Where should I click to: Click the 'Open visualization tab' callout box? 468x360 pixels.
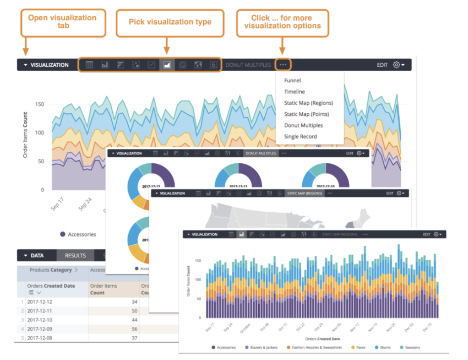click(62, 22)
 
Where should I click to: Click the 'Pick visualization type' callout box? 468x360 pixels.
click(170, 22)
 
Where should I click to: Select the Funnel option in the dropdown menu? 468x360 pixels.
click(292, 81)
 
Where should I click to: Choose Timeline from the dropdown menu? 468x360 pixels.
click(294, 92)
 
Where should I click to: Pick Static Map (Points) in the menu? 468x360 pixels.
click(306, 114)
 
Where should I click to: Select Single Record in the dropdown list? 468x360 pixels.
click(300, 137)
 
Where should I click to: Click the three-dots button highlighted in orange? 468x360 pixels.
click(283, 65)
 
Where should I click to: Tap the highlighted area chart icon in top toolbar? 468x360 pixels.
click(167, 65)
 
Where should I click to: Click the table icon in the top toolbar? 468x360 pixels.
click(90, 65)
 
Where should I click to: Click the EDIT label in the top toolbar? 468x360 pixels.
click(382, 65)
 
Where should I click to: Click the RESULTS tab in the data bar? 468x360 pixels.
click(75, 256)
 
